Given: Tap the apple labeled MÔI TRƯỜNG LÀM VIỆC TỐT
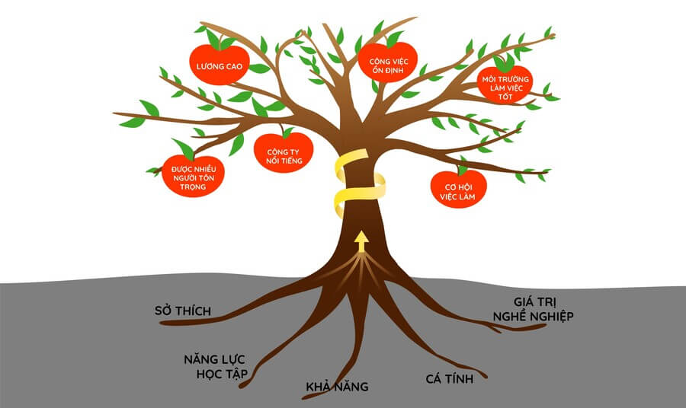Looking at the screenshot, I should (504, 85).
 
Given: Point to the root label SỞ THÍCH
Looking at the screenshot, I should (181, 311).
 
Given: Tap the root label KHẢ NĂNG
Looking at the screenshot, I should (336, 387).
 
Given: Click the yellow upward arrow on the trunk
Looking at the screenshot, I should (361, 242).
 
